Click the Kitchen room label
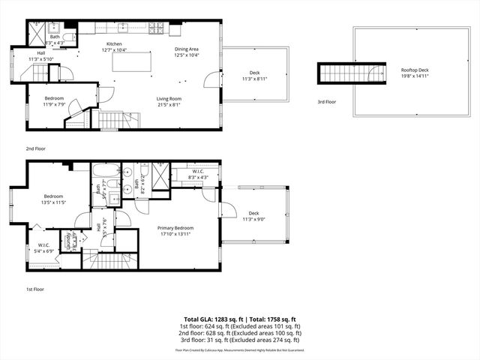tap(114, 44)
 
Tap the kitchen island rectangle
tap(128, 62)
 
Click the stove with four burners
tap(156, 29)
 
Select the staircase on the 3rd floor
tap(346, 73)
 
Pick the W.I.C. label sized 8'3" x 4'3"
tap(197, 172)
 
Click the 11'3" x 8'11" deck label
tap(255, 76)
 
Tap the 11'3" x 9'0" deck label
tap(254, 216)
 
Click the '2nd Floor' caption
tap(35, 148)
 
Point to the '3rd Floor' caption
tap(327, 101)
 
